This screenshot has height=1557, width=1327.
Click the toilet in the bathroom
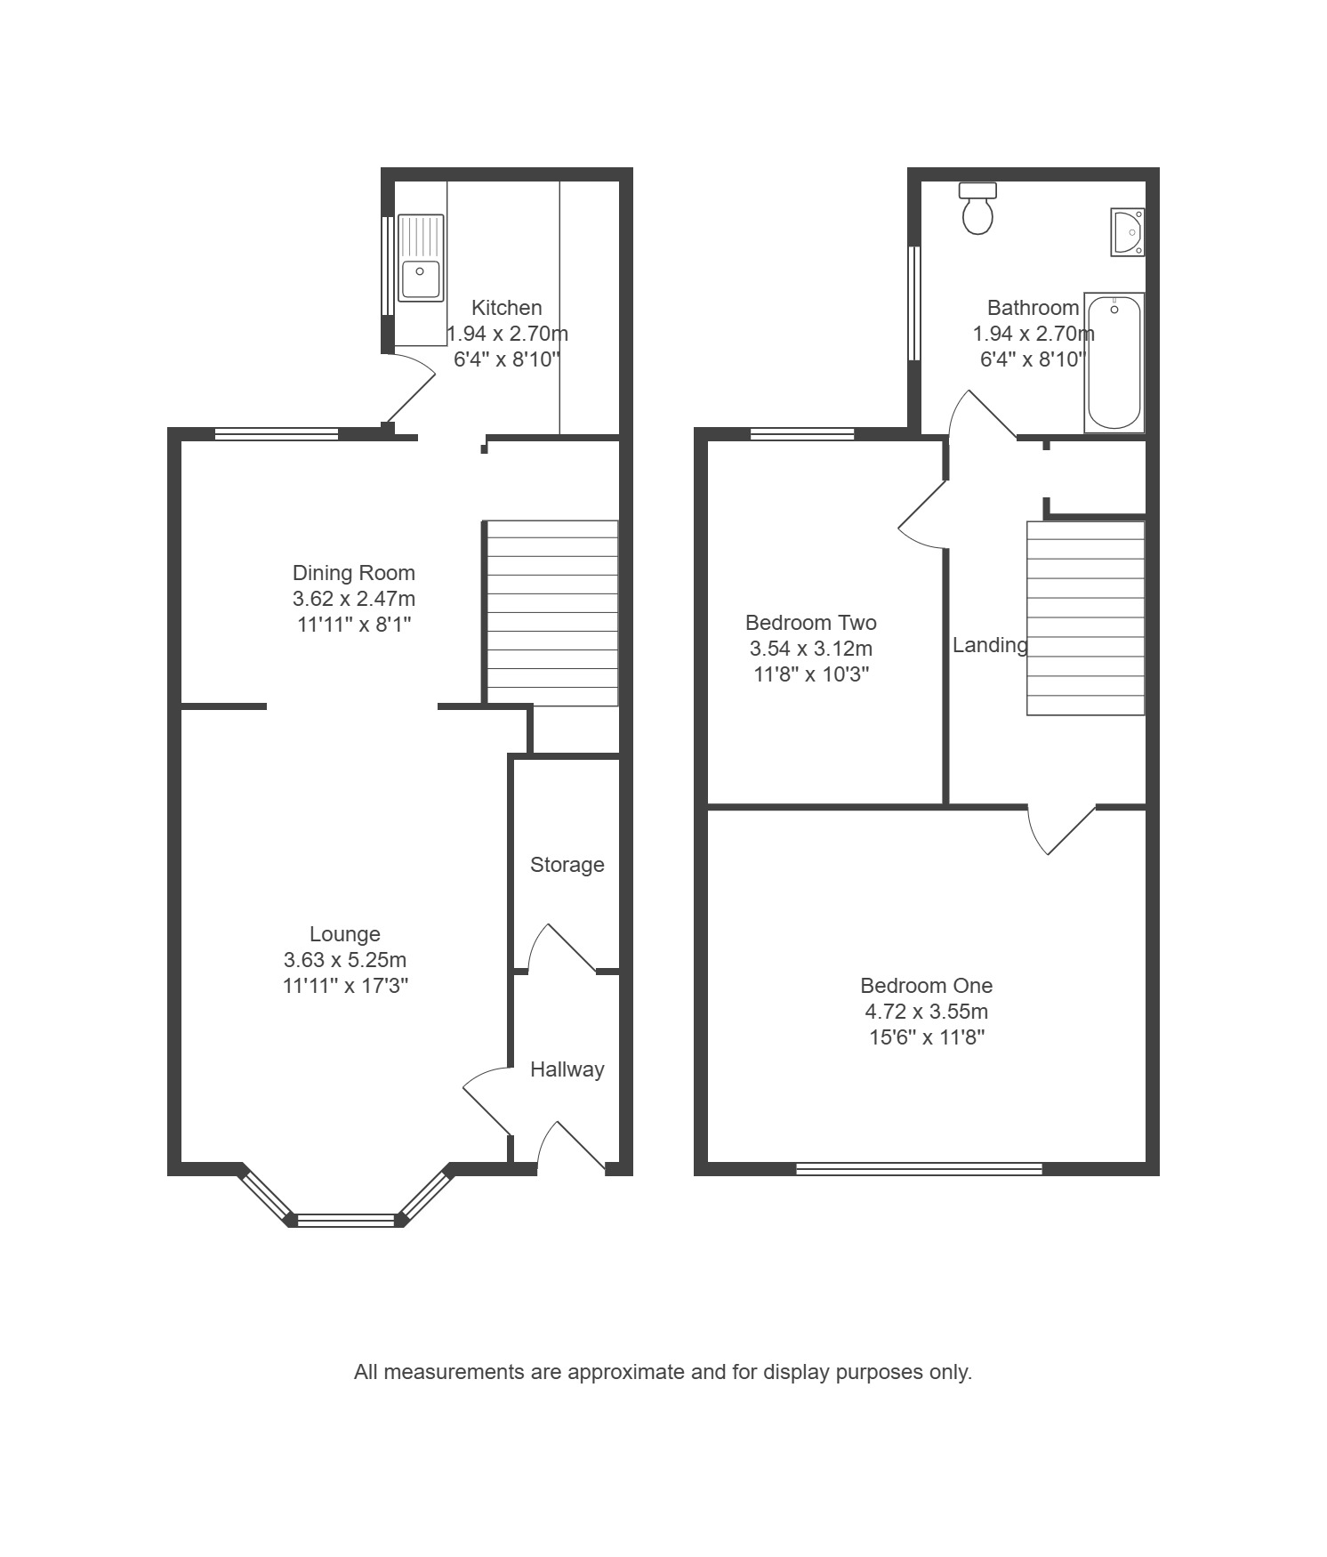977,208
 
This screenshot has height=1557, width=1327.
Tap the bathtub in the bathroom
1114,362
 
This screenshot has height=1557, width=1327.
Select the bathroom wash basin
1127,232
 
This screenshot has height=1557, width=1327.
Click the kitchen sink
420,257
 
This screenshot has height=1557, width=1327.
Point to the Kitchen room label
506,308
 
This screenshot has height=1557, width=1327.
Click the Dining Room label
354,573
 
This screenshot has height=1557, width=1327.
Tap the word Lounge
345,934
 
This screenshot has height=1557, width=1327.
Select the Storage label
567,865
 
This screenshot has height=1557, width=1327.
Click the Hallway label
567,1069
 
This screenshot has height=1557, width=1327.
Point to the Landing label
990,646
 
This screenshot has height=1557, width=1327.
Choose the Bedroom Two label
811,623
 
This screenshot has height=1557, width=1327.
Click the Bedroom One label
926,986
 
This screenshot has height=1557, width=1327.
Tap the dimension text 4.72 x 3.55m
926,1012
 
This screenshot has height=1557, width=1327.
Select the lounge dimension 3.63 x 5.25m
345,960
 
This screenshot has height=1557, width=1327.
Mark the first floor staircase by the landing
1086,618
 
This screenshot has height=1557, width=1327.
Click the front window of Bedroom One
919,1168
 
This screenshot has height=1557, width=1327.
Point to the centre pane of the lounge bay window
346,1221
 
